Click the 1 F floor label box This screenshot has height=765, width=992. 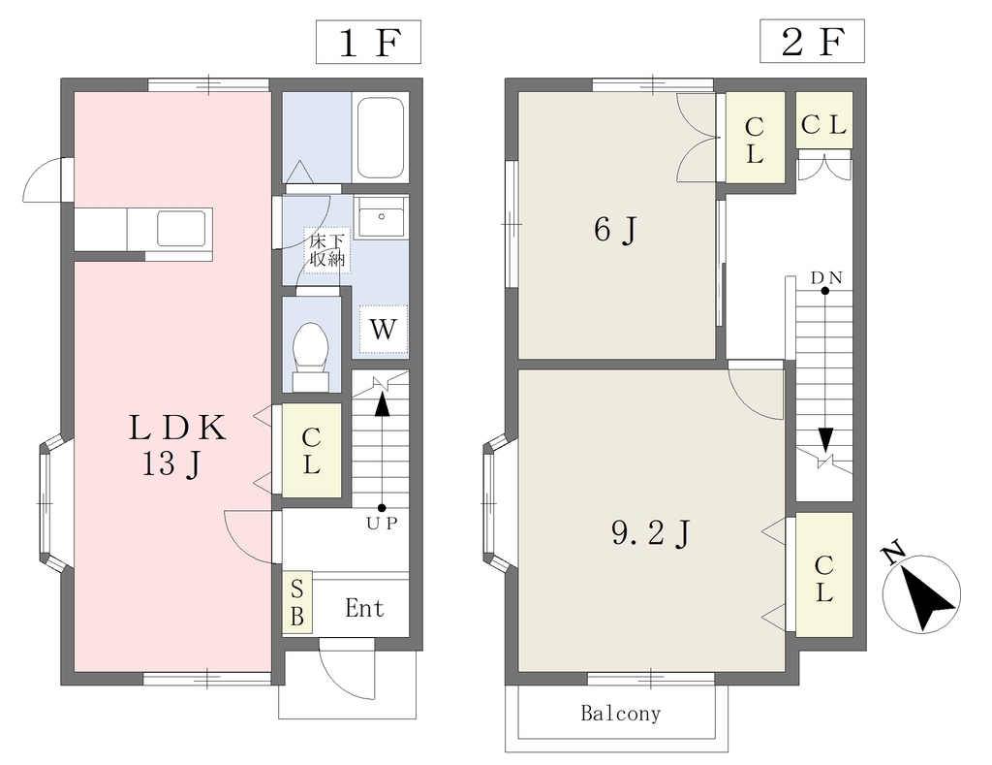(x=368, y=42)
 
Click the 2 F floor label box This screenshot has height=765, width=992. (x=812, y=42)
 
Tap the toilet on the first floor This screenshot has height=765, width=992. (x=311, y=357)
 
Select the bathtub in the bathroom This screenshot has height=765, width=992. (x=381, y=138)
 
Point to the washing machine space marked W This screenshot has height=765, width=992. (x=383, y=330)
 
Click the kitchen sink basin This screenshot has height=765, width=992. (x=181, y=228)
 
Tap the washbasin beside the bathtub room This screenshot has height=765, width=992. (x=381, y=216)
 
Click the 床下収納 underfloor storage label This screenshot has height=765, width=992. (x=327, y=250)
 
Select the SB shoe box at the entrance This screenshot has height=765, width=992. (x=296, y=602)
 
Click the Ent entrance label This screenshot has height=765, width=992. (x=365, y=609)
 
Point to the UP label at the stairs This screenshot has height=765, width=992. (x=382, y=524)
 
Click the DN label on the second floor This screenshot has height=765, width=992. (x=826, y=278)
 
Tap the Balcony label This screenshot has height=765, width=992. (x=621, y=714)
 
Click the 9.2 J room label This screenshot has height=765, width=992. (x=650, y=533)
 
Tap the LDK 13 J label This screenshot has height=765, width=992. (x=176, y=445)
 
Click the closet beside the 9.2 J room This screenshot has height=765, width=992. (x=823, y=574)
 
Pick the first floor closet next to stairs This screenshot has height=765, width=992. (x=311, y=450)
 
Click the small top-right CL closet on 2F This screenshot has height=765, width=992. (x=823, y=120)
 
